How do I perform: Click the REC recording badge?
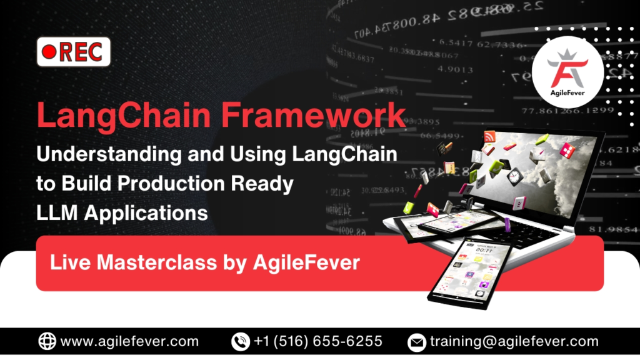coord(74,52)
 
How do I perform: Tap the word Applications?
coord(146,213)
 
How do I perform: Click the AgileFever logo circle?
coord(567,71)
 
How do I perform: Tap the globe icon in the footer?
coord(47,341)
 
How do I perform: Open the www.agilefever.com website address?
coord(129,342)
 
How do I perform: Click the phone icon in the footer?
coord(239,341)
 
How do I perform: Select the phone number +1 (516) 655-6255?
coord(317,342)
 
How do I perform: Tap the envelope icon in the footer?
coord(416,342)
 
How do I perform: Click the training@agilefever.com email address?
coord(514,342)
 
